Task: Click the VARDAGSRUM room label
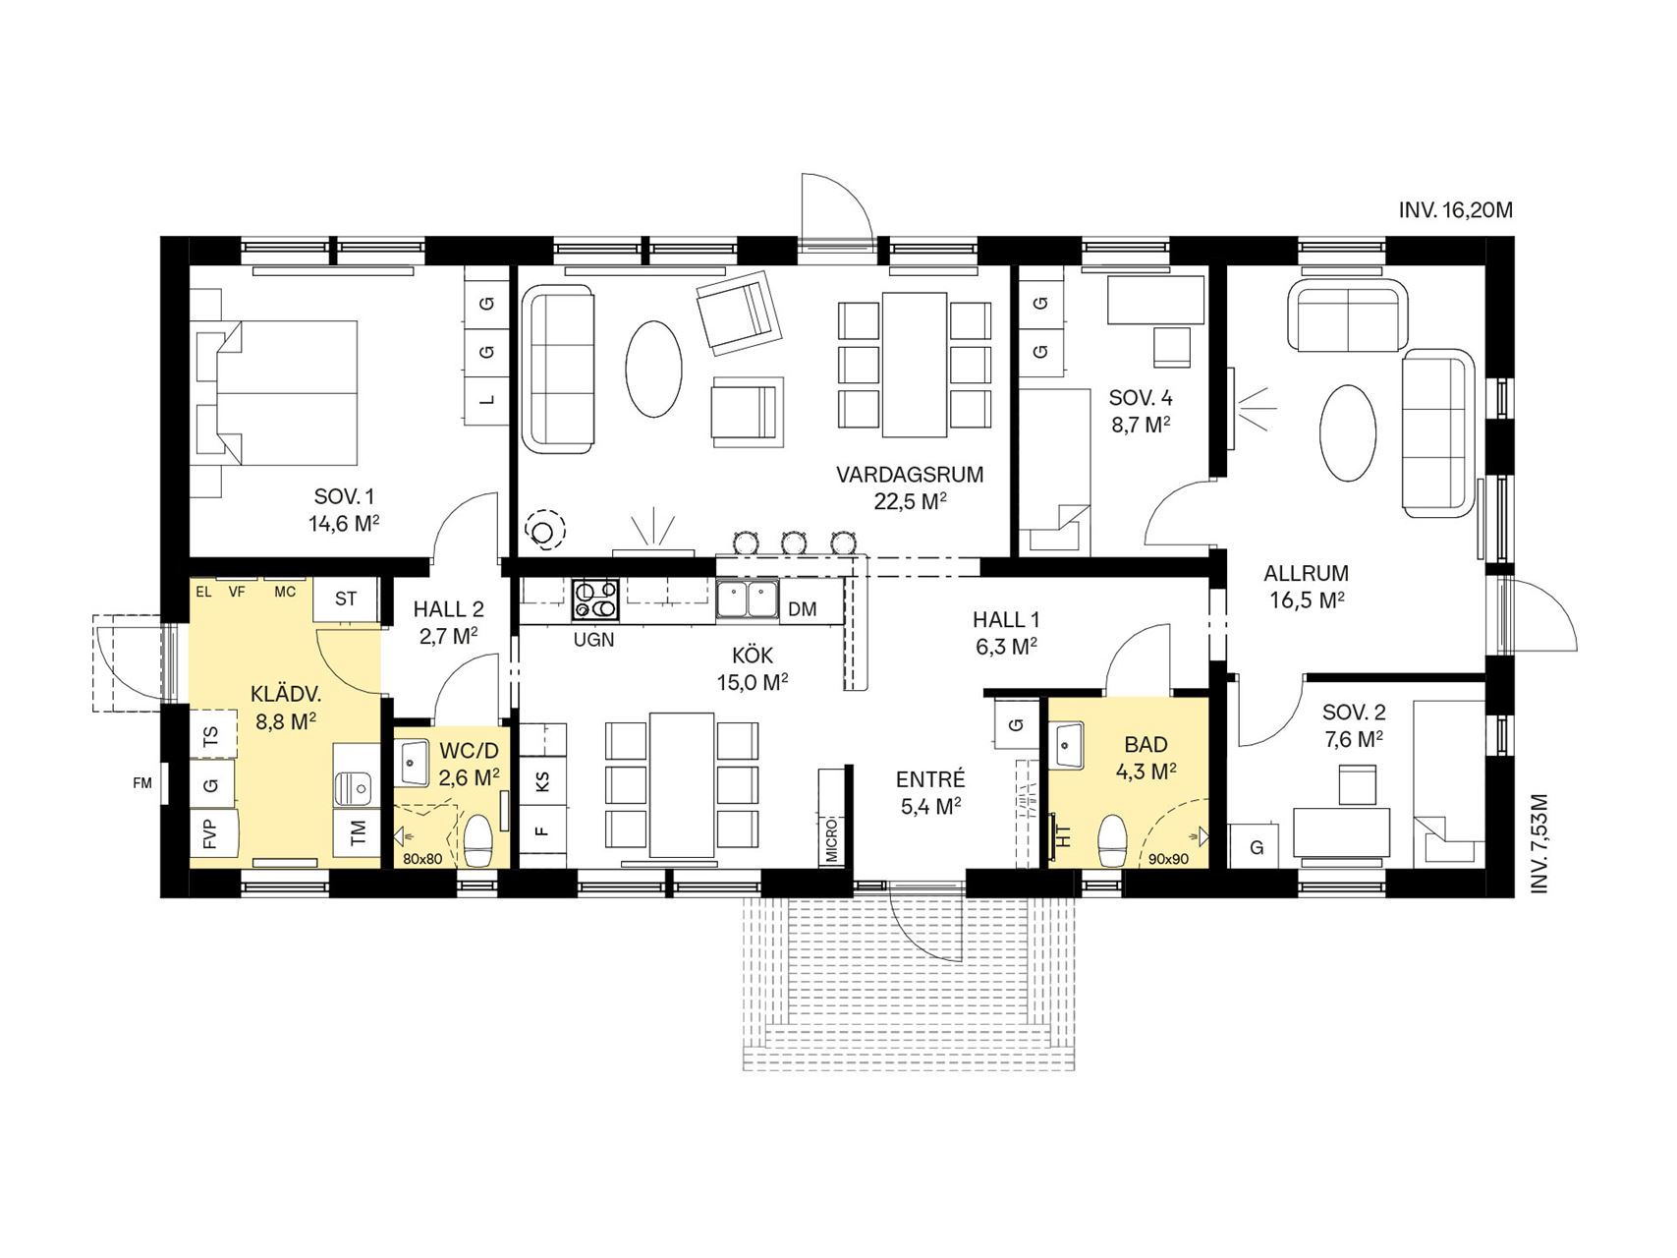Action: tap(910, 475)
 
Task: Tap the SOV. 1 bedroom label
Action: tap(345, 496)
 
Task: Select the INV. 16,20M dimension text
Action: tap(1456, 209)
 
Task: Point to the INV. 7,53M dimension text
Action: tap(1540, 844)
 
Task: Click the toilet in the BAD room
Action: tap(1114, 841)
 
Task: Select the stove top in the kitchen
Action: tap(596, 600)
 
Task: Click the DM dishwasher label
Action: tap(802, 609)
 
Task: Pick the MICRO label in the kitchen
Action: tap(831, 837)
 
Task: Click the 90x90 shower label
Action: tap(1169, 858)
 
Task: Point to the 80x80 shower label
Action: tap(422, 859)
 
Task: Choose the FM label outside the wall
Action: tap(143, 783)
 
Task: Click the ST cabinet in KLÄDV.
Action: tap(347, 600)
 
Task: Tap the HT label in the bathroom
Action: tap(1063, 837)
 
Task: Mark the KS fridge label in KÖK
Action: tap(542, 782)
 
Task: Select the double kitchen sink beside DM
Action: tap(748, 600)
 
